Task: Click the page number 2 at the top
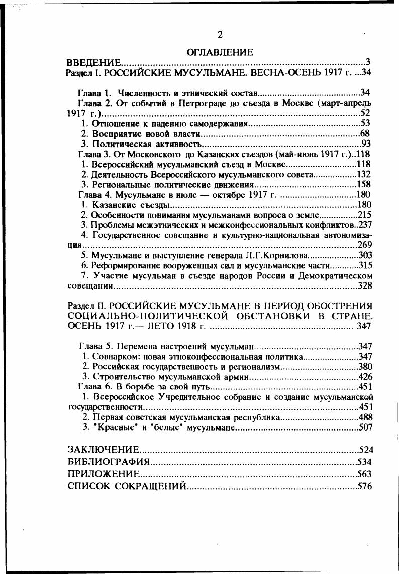coord(219,35)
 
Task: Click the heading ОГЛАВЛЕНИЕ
coord(220,52)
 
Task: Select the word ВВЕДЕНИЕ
coord(94,63)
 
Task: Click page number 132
coord(363,174)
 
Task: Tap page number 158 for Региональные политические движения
coord(363,184)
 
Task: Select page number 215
coord(363,215)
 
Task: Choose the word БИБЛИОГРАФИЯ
coord(109,462)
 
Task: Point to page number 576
coord(364,486)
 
